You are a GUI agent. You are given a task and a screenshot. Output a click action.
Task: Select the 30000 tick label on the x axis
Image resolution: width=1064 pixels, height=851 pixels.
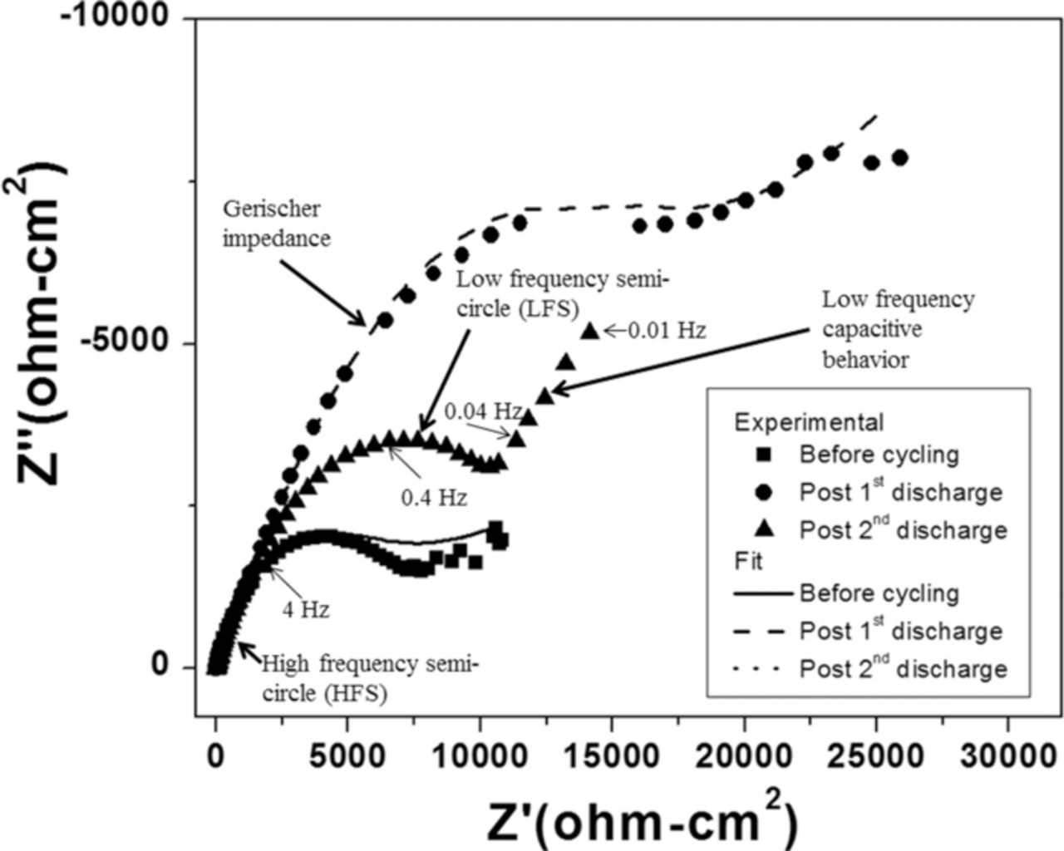(x=1007, y=759)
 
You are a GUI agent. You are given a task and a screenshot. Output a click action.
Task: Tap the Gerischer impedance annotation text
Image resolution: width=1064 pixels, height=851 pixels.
(x=276, y=223)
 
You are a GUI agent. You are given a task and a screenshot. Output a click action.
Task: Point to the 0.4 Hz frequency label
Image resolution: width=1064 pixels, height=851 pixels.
(x=434, y=498)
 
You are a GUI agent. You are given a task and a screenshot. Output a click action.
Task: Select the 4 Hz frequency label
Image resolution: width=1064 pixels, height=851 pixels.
(x=306, y=610)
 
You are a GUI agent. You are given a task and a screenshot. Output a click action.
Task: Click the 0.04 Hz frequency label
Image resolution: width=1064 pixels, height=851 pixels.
(x=482, y=411)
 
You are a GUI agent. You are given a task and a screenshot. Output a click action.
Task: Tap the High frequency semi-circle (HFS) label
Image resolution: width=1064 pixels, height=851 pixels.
(x=370, y=678)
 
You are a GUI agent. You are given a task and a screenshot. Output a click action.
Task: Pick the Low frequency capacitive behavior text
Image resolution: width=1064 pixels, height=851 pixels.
(x=898, y=329)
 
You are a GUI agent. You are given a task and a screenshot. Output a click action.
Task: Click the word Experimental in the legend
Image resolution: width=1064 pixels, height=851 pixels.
(x=808, y=423)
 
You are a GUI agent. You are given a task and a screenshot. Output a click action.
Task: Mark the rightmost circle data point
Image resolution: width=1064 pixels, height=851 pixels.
(x=899, y=158)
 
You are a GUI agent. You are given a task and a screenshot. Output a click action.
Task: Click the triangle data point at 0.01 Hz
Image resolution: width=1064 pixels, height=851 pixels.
(x=589, y=332)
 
